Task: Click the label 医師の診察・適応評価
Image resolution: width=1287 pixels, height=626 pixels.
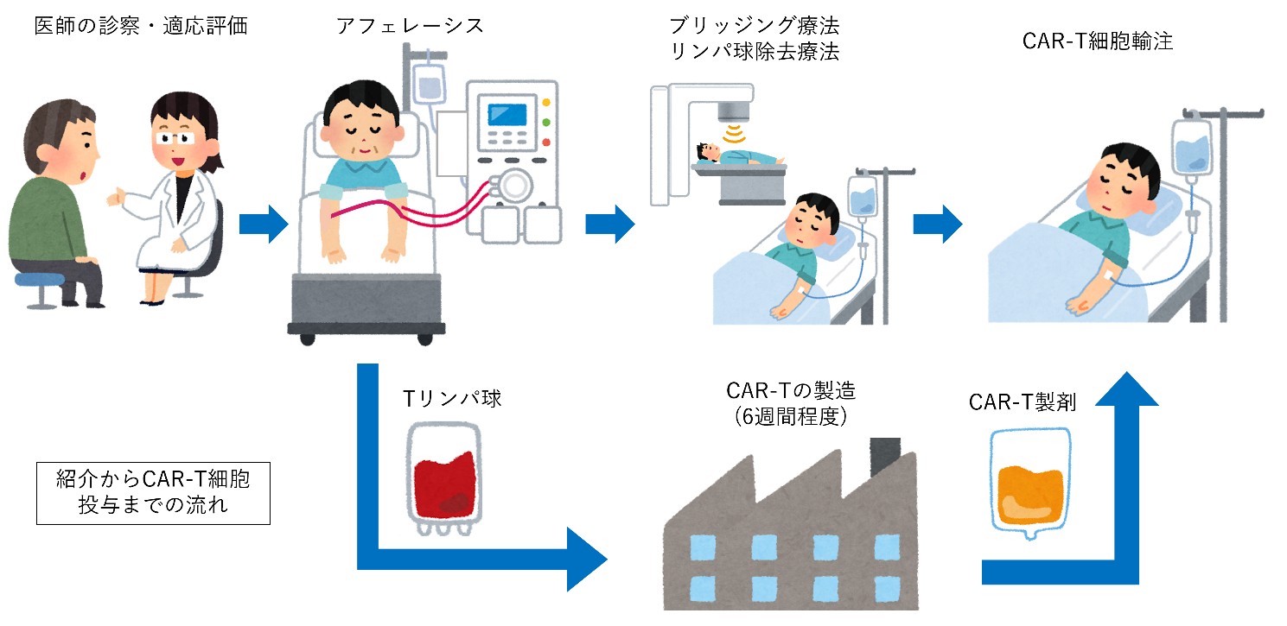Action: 141,25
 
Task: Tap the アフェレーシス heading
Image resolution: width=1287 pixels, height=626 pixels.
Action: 411,25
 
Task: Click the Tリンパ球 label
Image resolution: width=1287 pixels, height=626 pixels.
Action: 452,398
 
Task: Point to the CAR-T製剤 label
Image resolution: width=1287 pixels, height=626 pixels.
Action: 1022,402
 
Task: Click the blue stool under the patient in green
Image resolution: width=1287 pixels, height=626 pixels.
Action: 39,280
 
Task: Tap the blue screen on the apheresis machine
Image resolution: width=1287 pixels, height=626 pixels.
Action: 507,115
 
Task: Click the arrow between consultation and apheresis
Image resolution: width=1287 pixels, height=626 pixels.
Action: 263,224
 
